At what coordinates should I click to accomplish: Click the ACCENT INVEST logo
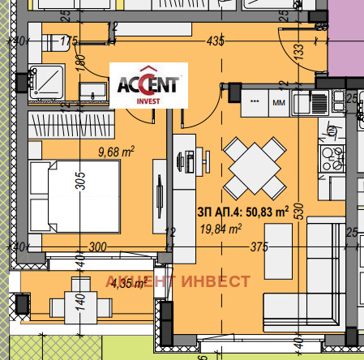149,85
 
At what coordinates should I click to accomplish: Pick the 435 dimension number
216,39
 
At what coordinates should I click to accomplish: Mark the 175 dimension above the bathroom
68,40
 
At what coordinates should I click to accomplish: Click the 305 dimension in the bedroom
79,183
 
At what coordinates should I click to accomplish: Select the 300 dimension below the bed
97,247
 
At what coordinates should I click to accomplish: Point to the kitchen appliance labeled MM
278,104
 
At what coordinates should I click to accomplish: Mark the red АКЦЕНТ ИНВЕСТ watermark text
178,281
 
